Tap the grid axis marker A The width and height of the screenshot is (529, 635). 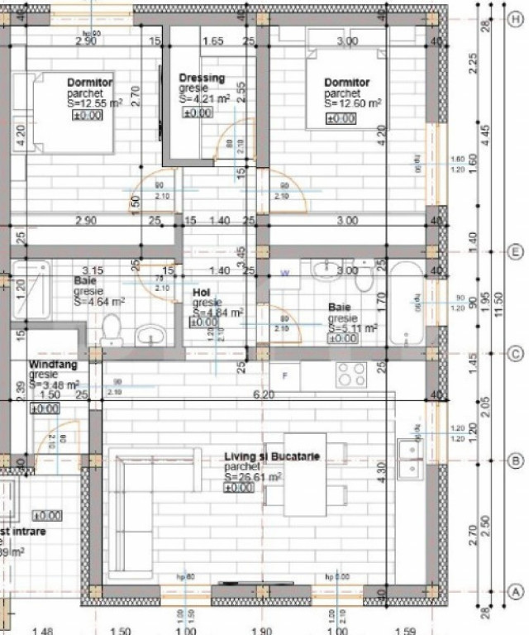(514, 592)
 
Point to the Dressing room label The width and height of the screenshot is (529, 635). (202, 79)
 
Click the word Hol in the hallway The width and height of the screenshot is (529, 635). (202, 293)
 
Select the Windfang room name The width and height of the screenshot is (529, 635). (53, 364)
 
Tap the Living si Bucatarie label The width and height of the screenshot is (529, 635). (272, 457)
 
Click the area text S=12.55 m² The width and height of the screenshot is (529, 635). (96, 103)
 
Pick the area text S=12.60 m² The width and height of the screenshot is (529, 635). (353, 103)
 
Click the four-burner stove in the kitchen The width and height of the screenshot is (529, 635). (351, 375)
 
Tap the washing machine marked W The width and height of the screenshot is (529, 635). (285, 272)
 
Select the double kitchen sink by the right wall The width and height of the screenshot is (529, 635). (409, 459)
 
